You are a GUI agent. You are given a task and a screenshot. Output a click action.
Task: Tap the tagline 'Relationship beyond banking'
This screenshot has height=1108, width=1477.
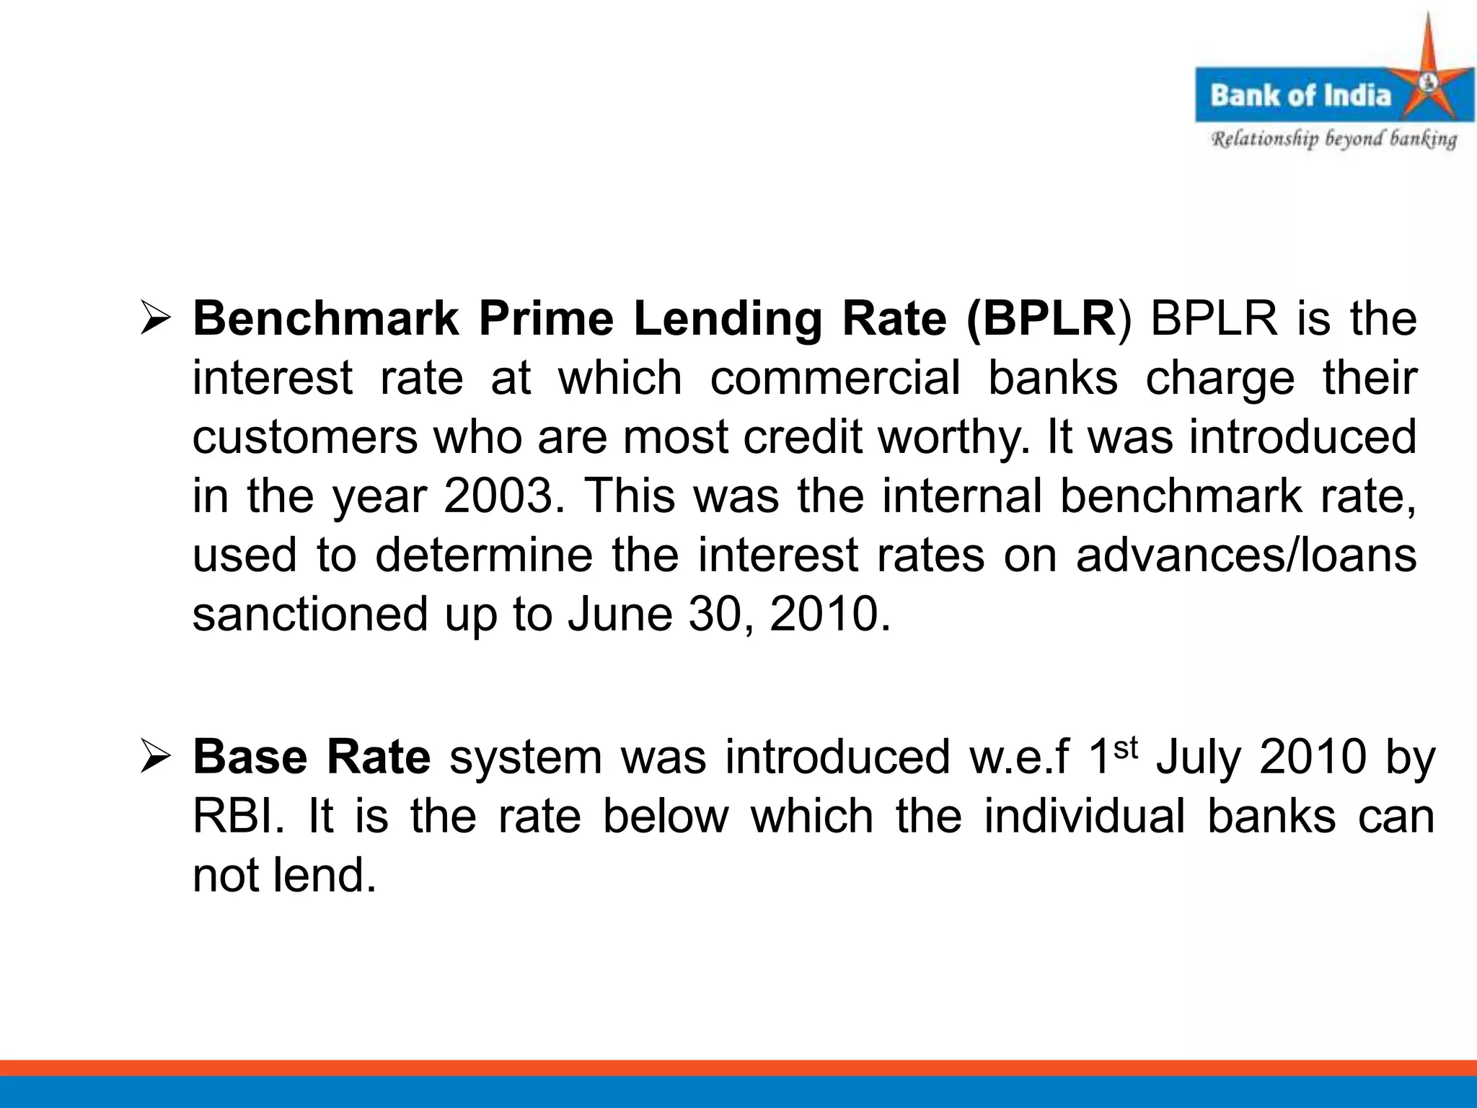(1333, 139)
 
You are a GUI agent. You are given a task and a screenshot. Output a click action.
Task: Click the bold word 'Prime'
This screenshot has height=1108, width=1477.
(546, 318)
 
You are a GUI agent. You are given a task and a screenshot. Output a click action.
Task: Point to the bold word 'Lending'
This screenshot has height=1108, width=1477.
(728, 320)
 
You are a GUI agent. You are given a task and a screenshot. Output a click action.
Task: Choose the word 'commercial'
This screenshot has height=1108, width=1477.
(835, 378)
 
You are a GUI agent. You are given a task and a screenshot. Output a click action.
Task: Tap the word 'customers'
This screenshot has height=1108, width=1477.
(304, 437)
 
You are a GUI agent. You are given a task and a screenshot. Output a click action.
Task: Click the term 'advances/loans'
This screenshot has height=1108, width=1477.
(1246, 555)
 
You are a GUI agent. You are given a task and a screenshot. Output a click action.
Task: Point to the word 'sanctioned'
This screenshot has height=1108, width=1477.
(310, 615)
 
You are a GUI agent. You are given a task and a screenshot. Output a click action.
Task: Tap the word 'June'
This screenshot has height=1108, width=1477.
(620, 615)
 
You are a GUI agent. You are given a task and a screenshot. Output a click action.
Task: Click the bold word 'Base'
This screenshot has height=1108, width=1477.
(250, 757)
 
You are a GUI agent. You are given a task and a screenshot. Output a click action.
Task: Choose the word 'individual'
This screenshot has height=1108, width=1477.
(1085, 817)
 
